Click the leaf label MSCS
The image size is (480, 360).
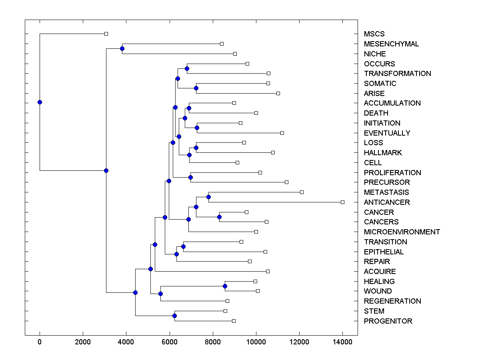coord(374,34)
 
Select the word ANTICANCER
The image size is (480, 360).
coord(387,202)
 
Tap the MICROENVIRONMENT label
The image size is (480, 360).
coord(402,232)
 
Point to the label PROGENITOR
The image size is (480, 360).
coord(388,321)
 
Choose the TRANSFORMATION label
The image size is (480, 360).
coord(397,74)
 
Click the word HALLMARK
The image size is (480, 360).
coord(383,153)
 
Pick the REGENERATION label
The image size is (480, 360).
coord(392,301)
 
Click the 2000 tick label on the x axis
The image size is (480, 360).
coord(83,342)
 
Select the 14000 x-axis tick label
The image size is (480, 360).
coord(342,342)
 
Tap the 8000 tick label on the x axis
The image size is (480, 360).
coord(213,342)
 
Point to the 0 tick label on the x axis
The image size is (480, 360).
coord(40,342)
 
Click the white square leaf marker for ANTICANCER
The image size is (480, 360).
coord(342,202)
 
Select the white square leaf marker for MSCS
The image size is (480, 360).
coord(106,34)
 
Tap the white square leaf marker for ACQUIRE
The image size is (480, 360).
coord(268,271)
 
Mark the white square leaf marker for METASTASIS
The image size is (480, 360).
coord(302,192)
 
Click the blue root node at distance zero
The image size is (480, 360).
coord(40,102)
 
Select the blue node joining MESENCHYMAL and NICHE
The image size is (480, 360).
coord(122,48)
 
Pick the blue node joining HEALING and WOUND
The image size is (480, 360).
coord(225,286)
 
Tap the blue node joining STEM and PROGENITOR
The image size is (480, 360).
coord(174,316)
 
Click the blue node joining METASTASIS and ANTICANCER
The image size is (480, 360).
coord(208,197)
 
